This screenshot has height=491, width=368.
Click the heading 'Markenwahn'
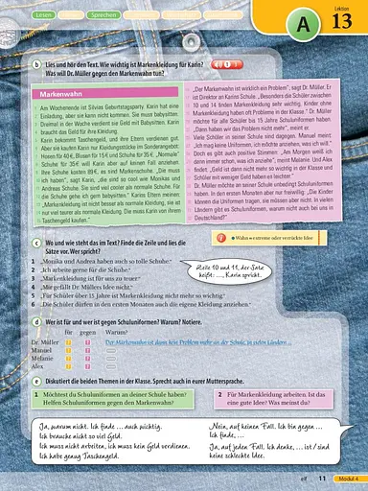click(58, 95)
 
